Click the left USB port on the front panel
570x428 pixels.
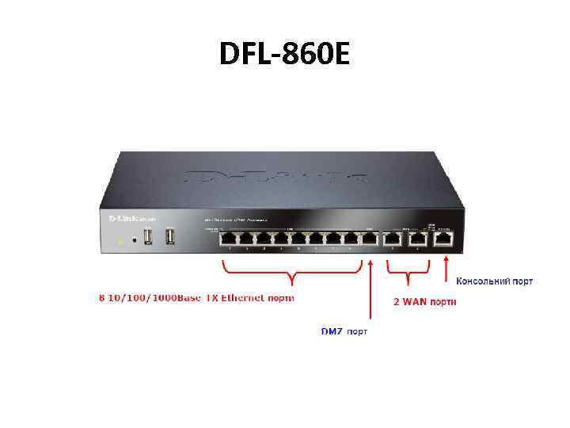(x=149, y=236)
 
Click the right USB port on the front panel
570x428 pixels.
(x=169, y=236)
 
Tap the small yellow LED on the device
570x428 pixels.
(x=119, y=239)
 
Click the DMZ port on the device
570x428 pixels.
(x=369, y=237)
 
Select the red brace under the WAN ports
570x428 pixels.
(x=407, y=273)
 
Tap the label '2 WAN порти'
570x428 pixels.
(x=424, y=302)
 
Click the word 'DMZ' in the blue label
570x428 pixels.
(x=332, y=331)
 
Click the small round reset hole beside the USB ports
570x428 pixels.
(x=135, y=239)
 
